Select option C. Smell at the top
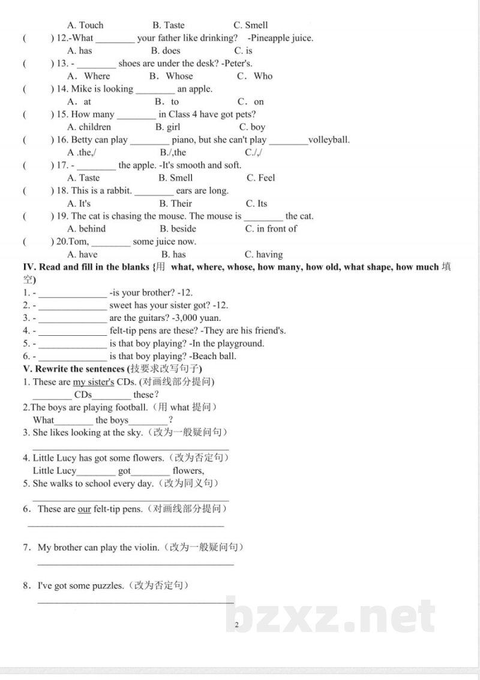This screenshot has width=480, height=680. pyautogui.click(x=251, y=25)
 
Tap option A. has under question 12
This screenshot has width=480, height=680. pyautogui.click(x=80, y=51)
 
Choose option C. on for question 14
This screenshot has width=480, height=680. pyautogui.click(x=251, y=102)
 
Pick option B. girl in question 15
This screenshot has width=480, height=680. pyautogui.click(x=167, y=127)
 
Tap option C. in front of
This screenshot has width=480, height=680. pyautogui.click(x=271, y=228)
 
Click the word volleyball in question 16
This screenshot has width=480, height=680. pyautogui.click(x=329, y=140)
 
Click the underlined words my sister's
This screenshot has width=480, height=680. pyautogui.click(x=94, y=382)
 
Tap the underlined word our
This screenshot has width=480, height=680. pyautogui.click(x=85, y=509)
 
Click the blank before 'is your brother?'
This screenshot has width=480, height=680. pyautogui.click(x=72, y=293)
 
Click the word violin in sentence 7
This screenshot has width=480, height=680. pyautogui.click(x=146, y=547)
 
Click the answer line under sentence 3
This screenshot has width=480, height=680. pyautogui.click(x=130, y=448)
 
